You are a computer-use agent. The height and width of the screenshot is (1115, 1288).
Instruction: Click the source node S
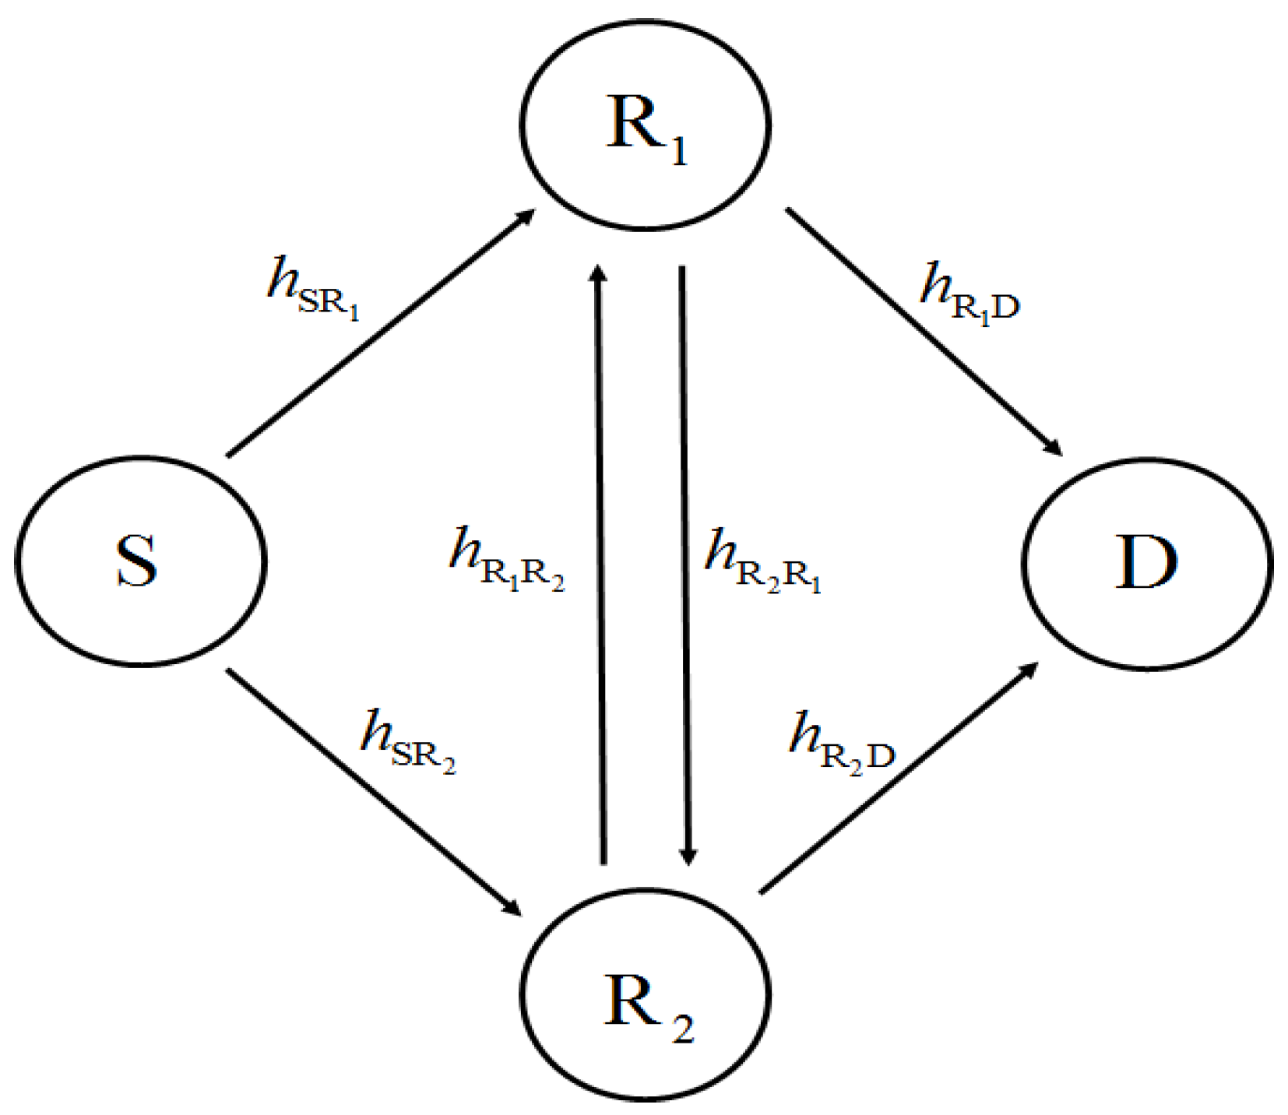140,561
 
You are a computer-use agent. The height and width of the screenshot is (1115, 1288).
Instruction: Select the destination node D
1146,563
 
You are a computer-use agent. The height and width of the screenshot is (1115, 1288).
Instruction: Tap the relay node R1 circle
645,125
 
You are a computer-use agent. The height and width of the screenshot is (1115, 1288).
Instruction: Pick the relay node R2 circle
645,994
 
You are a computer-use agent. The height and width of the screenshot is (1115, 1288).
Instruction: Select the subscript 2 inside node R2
683,1029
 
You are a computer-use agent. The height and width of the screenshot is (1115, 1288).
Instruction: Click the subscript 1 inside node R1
679,151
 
